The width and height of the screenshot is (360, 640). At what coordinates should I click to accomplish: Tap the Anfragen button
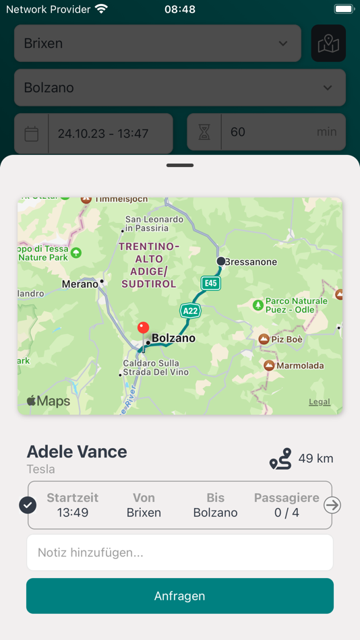click(x=180, y=596)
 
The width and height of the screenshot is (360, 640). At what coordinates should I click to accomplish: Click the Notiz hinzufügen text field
click(x=180, y=552)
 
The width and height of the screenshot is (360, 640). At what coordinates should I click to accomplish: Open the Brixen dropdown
click(x=157, y=43)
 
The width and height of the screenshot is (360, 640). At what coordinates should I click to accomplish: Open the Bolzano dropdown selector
click(x=180, y=88)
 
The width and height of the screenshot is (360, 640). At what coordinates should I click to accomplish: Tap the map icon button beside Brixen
click(x=328, y=43)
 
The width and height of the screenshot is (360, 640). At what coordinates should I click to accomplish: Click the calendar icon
click(x=32, y=133)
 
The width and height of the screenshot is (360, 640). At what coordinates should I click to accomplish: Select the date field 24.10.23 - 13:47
click(x=111, y=133)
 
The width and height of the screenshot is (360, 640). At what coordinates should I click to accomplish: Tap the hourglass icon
click(x=204, y=133)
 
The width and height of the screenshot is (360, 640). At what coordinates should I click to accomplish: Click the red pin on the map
click(x=143, y=329)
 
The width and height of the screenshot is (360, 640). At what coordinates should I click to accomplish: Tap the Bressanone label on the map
click(x=250, y=261)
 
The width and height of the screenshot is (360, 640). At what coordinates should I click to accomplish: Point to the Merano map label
click(x=80, y=284)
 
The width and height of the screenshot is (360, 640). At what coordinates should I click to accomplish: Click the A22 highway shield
click(x=190, y=311)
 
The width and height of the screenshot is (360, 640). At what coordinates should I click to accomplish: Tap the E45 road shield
click(x=211, y=283)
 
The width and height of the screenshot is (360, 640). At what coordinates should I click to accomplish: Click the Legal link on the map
click(x=320, y=402)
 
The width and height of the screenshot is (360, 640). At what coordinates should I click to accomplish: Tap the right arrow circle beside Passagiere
click(x=332, y=505)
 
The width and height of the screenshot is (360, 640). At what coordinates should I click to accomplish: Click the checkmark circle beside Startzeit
click(x=28, y=505)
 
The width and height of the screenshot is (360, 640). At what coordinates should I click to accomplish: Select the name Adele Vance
click(x=77, y=452)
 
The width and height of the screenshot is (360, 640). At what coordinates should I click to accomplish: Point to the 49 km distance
click(x=316, y=459)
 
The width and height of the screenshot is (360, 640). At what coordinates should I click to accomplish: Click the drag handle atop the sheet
click(x=180, y=165)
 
